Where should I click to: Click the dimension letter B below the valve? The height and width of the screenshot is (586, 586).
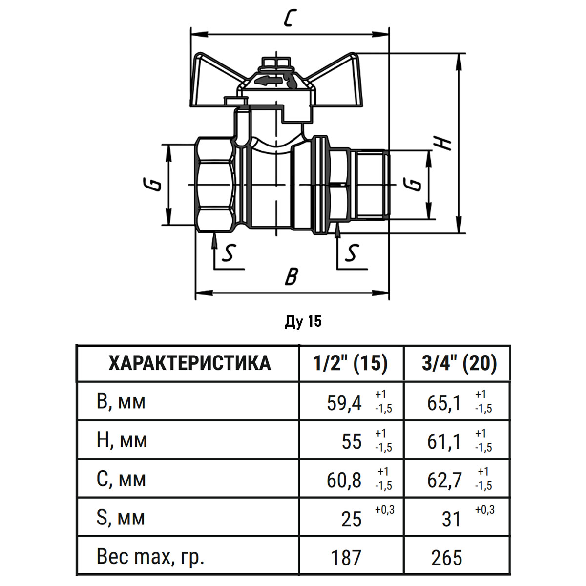click(x=291, y=276)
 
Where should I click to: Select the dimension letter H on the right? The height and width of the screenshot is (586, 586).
click(x=443, y=143)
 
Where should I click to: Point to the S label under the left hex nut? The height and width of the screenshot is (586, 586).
click(x=228, y=252)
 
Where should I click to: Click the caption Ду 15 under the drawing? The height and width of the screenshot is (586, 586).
click(x=303, y=322)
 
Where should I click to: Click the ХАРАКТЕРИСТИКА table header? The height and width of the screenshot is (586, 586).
click(x=189, y=363)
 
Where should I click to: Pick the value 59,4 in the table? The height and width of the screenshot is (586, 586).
click(x=344, y=403)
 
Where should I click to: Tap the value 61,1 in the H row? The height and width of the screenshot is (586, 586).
click(x=443, y=442)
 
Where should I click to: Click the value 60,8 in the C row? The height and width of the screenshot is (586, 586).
click(x=344, y=481)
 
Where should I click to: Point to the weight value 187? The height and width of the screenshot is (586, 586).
click(x=346, y=558)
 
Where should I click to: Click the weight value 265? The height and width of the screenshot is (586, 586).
click(x=446, y=558)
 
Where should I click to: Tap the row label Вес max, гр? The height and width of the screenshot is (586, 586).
click(x=150, y=557)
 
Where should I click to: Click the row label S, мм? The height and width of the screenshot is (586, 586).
click(x=121, y=518)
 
